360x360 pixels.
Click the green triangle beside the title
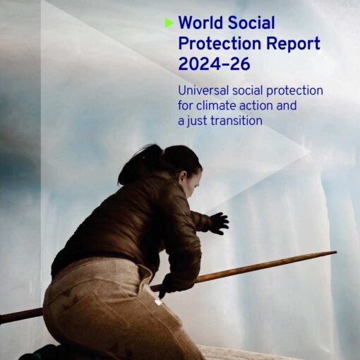pos(169,23)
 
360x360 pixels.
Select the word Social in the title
pos(251,23)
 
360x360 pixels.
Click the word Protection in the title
pos(220,43)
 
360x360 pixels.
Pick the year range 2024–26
pos(214,64)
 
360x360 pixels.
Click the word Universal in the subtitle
pos(203,90)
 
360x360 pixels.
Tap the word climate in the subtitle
pos(216,105)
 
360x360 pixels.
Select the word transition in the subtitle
pos(236,121)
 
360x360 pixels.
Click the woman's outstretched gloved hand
pos(219,223)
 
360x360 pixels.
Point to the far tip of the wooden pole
pos(336,253)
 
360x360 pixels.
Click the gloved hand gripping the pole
pos(168,284)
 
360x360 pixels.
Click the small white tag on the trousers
pos(158,302)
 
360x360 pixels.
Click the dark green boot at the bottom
pos(42,352)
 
